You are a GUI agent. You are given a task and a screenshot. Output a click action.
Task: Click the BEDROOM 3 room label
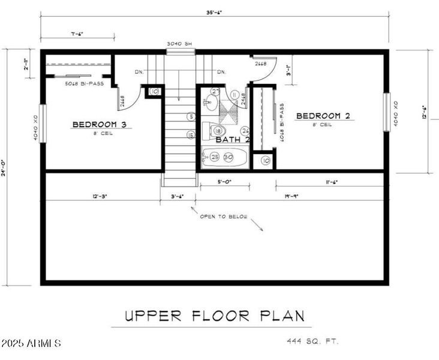pyautogui.click(x=100, y=124)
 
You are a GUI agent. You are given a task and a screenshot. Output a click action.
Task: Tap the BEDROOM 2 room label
pyautogui.click(x=323, y=116)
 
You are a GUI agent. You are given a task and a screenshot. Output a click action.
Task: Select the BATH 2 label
pyautogui.click(x=233, y=139)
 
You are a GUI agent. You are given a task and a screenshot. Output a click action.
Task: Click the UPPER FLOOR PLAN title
pyautogui.click(x=215, y=316)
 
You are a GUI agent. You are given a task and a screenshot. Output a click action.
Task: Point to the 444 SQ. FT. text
pyautogui.click(x=313, y=341)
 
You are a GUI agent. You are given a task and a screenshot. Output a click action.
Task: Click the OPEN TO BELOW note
pyautogui.click(x=223, y=217)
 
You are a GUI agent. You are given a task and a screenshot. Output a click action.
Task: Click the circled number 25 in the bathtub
pyautogui.click(x=215, y=157)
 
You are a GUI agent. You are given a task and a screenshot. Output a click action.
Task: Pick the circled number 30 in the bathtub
pyautogui.click(x=228, y=157)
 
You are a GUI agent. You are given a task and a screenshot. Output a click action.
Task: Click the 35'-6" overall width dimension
pyautogui.click(x=214, y=12)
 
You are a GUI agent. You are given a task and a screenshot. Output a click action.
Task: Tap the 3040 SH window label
pyautogui.click(x=181, y=44)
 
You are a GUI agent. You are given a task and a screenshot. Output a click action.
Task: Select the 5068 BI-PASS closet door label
pyautogui.click(x=85, y=83)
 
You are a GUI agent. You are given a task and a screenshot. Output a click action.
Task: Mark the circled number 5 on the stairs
pyautogui.click(x=191, y=116)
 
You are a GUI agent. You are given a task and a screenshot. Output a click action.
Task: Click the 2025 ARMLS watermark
pyautogui.click(x=31, y=344)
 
